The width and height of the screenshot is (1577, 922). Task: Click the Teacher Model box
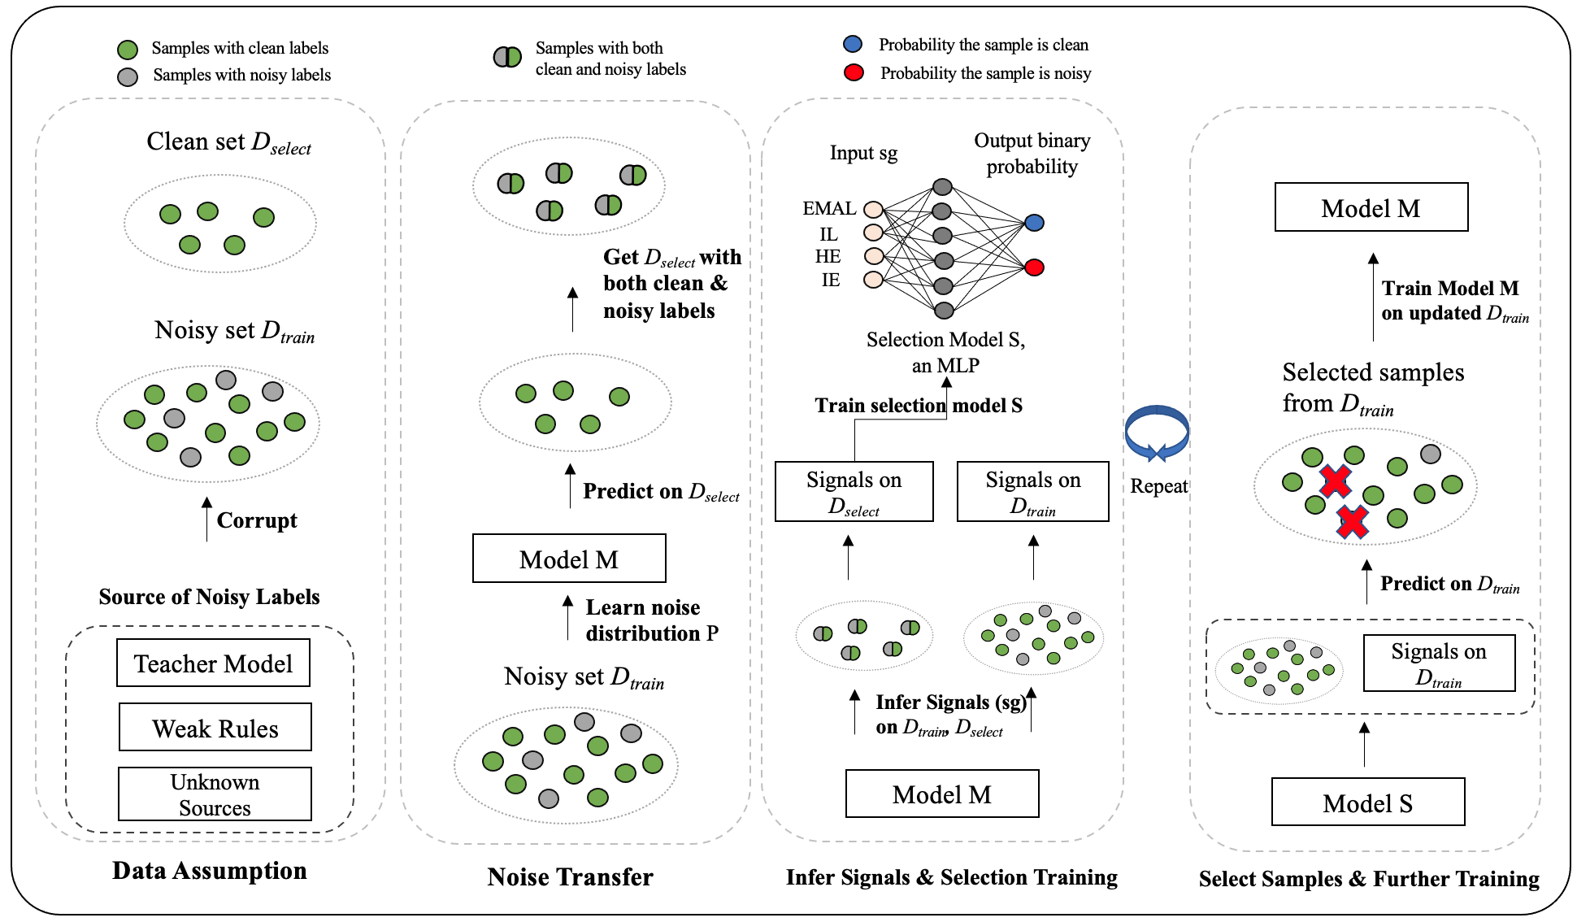(213, 663)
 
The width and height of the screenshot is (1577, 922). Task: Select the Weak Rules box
(215, 728)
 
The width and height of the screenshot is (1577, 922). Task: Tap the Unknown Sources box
(215, 794)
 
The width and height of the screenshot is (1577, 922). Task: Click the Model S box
(1368, 802)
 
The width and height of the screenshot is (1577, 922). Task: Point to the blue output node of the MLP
(1034, 223)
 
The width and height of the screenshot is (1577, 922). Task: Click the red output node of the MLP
(1034, 267)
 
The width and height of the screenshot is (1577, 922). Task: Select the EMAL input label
(829, 208)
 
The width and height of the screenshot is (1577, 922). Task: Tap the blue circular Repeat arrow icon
(1157, 433)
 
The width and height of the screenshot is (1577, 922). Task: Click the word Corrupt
(257, 520)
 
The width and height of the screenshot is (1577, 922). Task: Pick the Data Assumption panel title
(210, 871)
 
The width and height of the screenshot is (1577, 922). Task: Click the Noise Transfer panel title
(570, 877)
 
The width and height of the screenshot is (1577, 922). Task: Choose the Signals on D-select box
(854, 492)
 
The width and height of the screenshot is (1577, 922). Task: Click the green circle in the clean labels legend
(128, 50)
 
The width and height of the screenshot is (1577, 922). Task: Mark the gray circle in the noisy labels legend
(128, 76)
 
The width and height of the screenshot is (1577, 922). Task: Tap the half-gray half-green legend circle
(508, 57)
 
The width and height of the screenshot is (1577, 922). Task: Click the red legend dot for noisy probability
(854, 73)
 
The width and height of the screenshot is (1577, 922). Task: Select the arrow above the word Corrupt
(206, 519)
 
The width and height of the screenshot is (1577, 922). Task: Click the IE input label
(830, 281)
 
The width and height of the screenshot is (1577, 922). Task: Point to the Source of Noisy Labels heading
(210, 597)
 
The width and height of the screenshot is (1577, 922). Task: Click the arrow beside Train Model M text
(1373, 297)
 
